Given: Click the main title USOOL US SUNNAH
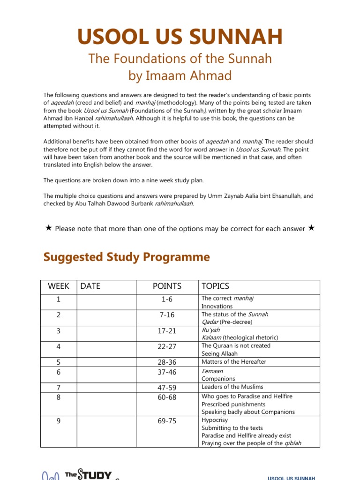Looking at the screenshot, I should point(180,37).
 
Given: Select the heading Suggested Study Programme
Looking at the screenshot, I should point(127,257).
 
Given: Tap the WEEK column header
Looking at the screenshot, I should point(59,286).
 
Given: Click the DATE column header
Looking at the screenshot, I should point(90,286).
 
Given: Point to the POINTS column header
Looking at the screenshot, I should point(167,286).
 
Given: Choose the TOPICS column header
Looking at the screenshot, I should point(215,286).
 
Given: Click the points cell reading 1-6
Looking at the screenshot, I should point(167,299).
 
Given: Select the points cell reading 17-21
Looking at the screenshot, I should point(167,331).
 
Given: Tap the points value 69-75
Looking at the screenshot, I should point(167,421).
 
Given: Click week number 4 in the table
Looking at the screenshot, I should point(59,346).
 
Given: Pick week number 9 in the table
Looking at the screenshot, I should point(59,421).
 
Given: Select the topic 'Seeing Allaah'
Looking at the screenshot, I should point(219,354).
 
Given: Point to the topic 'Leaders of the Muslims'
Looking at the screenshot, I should point(232,387).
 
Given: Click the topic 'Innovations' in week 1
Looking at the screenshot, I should point(217,306).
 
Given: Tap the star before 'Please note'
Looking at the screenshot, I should point(48,228).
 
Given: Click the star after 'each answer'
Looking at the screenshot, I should point(312,228).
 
